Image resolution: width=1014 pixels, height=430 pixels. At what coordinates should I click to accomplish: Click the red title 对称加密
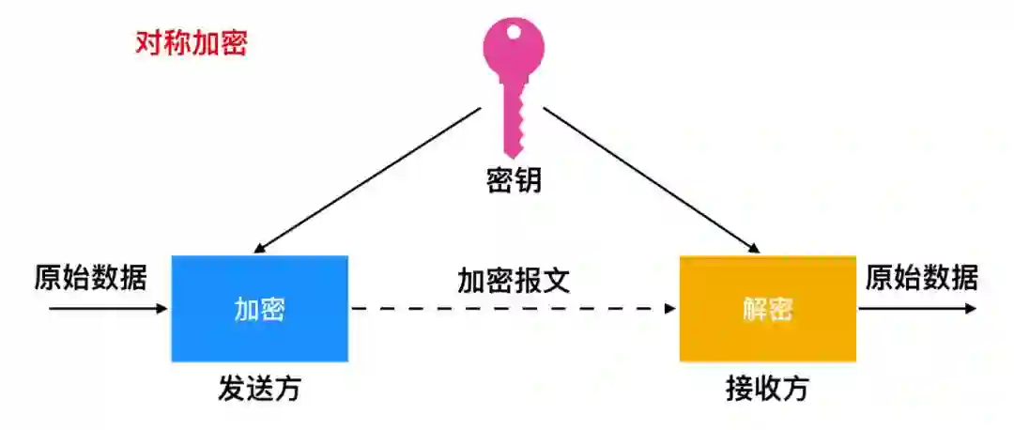tap(191, 44)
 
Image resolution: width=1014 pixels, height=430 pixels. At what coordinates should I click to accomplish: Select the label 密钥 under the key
tap(514, 181)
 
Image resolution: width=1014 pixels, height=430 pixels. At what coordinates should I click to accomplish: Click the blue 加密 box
tap(259, 308)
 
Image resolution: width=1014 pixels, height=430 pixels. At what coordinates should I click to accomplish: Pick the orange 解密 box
tap(767, 308)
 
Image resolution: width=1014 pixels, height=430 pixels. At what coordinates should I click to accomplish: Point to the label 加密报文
tap(514, 280)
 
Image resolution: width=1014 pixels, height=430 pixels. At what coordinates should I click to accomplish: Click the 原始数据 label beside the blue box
tap(90, 278)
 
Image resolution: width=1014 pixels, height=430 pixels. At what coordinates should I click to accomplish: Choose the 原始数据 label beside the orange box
tap(921, 278)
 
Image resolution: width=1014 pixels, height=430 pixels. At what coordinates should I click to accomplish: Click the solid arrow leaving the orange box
tap(915, 308)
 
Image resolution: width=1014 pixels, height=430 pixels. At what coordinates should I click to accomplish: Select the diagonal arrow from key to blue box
tap(366, 180)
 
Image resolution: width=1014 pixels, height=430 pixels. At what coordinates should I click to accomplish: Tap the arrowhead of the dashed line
tap(670, 308)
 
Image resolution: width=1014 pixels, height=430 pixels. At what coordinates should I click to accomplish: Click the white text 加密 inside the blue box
tap(259, 309)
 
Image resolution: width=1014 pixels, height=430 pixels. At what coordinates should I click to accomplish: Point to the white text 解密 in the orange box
tap(767, 309)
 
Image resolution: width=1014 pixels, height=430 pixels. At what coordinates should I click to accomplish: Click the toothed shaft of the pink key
tap(514, 117)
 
